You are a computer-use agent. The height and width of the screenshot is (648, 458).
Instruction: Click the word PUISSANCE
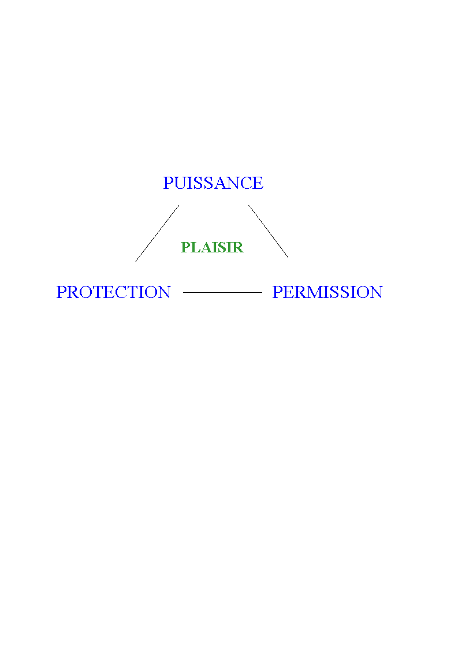[213, 183]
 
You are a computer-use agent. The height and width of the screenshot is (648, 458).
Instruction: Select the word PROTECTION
[114, 292]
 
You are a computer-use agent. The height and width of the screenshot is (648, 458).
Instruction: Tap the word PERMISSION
[327, 292]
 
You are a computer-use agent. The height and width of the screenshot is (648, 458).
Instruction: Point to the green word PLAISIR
[212, 247]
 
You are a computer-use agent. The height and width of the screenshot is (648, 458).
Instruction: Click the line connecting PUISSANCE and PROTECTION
[157, 233]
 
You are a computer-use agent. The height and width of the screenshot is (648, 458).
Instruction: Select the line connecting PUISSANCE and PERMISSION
[268, 232]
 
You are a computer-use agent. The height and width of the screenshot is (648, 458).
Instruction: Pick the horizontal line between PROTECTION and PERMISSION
[222, 293]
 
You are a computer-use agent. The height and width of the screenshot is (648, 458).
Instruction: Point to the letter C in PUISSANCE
[246, 183]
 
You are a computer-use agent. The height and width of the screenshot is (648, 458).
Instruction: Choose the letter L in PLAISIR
[193, 247]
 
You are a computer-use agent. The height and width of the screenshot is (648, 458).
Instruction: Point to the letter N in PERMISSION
[375, 292]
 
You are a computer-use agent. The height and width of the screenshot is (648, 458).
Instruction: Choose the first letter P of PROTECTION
[61, 292]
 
